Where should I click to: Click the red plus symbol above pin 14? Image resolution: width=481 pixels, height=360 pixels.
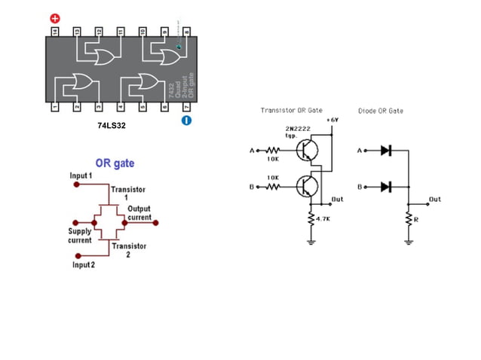coord(55,17)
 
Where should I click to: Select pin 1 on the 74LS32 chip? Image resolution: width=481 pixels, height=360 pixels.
coord(55,108)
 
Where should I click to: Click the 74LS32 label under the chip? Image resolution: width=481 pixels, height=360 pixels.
coord(111,126)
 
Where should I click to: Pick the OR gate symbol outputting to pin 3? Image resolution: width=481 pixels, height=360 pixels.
coord(80,84)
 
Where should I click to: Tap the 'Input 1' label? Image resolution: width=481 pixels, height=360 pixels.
coord(81,175)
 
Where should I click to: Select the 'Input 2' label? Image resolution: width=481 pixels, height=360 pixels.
coord(83,264)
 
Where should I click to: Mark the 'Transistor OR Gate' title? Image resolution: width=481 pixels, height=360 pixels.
coord(291,111)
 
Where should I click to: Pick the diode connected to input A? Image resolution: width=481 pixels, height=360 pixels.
coord(385,151)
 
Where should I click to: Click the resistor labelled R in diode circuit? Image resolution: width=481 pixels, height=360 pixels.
coord(408,218)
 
